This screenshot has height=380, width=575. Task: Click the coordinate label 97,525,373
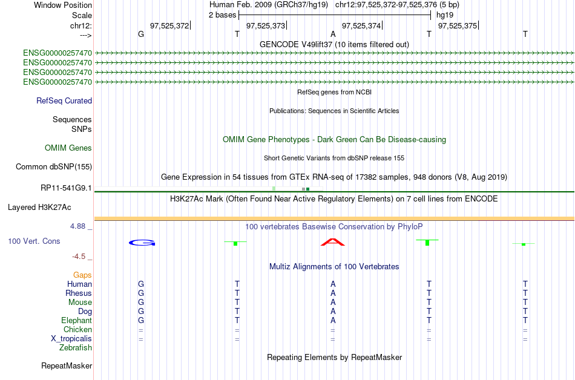coord(265,25)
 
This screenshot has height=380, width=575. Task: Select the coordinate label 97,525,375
coord(457,25)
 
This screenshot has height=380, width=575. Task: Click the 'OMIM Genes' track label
coord(68,148)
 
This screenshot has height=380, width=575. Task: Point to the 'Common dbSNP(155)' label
coord(54,166)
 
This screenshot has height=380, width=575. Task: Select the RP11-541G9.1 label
coord(66,188)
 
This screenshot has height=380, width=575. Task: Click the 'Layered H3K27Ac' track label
coord(39,208)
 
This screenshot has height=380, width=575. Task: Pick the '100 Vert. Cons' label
coord(34,241)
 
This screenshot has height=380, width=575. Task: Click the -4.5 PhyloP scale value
coord(81,256)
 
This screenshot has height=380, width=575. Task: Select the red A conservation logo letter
coord(332,243)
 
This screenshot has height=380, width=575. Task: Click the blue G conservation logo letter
coord(142,243)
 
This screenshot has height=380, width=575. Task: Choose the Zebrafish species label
coord(76,348)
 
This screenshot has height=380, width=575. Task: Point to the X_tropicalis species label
coord(71,339)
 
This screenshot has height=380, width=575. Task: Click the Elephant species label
coord(76,321)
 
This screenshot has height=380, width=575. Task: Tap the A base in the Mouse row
coord(333,303)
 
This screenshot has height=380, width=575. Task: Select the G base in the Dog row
coord(141,312)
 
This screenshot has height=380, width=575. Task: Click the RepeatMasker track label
coord(67,366)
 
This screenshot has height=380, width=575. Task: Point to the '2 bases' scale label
coord(222,15)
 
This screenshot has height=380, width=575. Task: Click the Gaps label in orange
coord(82,275)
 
